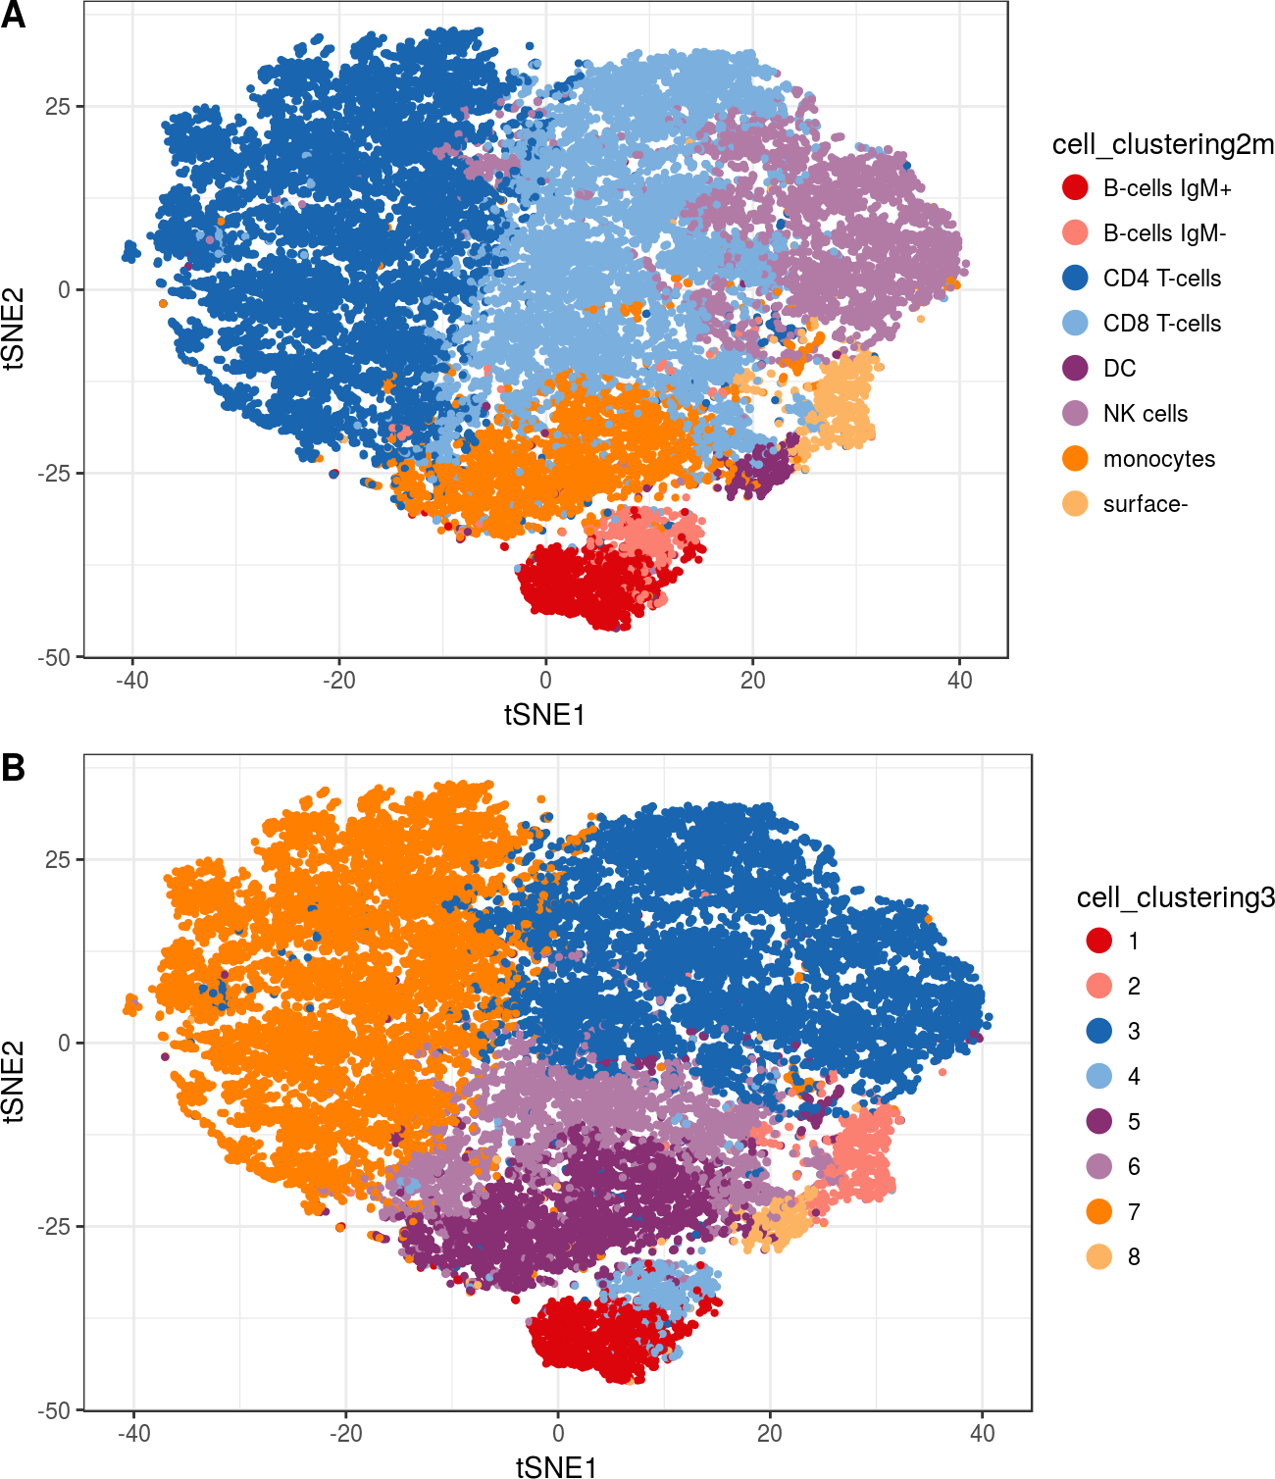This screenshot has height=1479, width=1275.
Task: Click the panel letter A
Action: (13, 16)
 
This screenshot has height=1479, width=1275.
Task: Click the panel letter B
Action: (13, 768)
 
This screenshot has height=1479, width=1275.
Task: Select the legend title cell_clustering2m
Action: (1162, 145)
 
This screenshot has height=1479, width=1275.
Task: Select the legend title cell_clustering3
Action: (1175, 897)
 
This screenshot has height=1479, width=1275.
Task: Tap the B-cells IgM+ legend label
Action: (1166, 188)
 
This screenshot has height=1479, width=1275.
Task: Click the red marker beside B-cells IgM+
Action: (1075, 187)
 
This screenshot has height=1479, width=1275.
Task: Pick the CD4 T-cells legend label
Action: (1161, 279)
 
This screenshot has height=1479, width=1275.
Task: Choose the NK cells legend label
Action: (1145, 414)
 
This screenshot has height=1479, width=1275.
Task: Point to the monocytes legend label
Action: (1158, 459)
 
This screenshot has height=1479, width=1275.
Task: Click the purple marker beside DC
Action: (1075, 368)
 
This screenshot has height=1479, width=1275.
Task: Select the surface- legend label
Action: (1145, 504)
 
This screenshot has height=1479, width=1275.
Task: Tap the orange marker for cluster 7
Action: (1099, 1211)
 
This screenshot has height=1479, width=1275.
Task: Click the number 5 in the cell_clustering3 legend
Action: (1134, 1121)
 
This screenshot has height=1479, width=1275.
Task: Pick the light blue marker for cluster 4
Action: (1099, 1076)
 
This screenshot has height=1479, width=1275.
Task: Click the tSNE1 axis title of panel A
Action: (544, 715)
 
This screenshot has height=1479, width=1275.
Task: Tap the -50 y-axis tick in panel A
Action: (55, 657)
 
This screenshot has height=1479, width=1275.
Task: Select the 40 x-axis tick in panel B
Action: (982, 1434)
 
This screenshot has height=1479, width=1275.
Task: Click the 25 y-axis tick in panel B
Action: (59, 859)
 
